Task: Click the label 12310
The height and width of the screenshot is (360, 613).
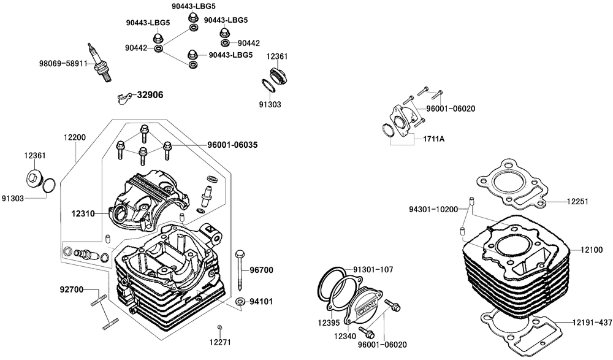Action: click(x=84, y=213)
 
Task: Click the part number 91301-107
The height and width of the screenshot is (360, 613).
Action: click(x=373, y=269)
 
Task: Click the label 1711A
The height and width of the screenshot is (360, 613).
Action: click(x=433, y=139)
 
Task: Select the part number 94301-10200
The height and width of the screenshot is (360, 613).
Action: click(x=433, y=209)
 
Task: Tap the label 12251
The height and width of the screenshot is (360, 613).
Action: click(x=577, y=201)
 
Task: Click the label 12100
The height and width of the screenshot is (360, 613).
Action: click(x=592, y=250)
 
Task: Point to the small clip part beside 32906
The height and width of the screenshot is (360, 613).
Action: click(x=124, y=97)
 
